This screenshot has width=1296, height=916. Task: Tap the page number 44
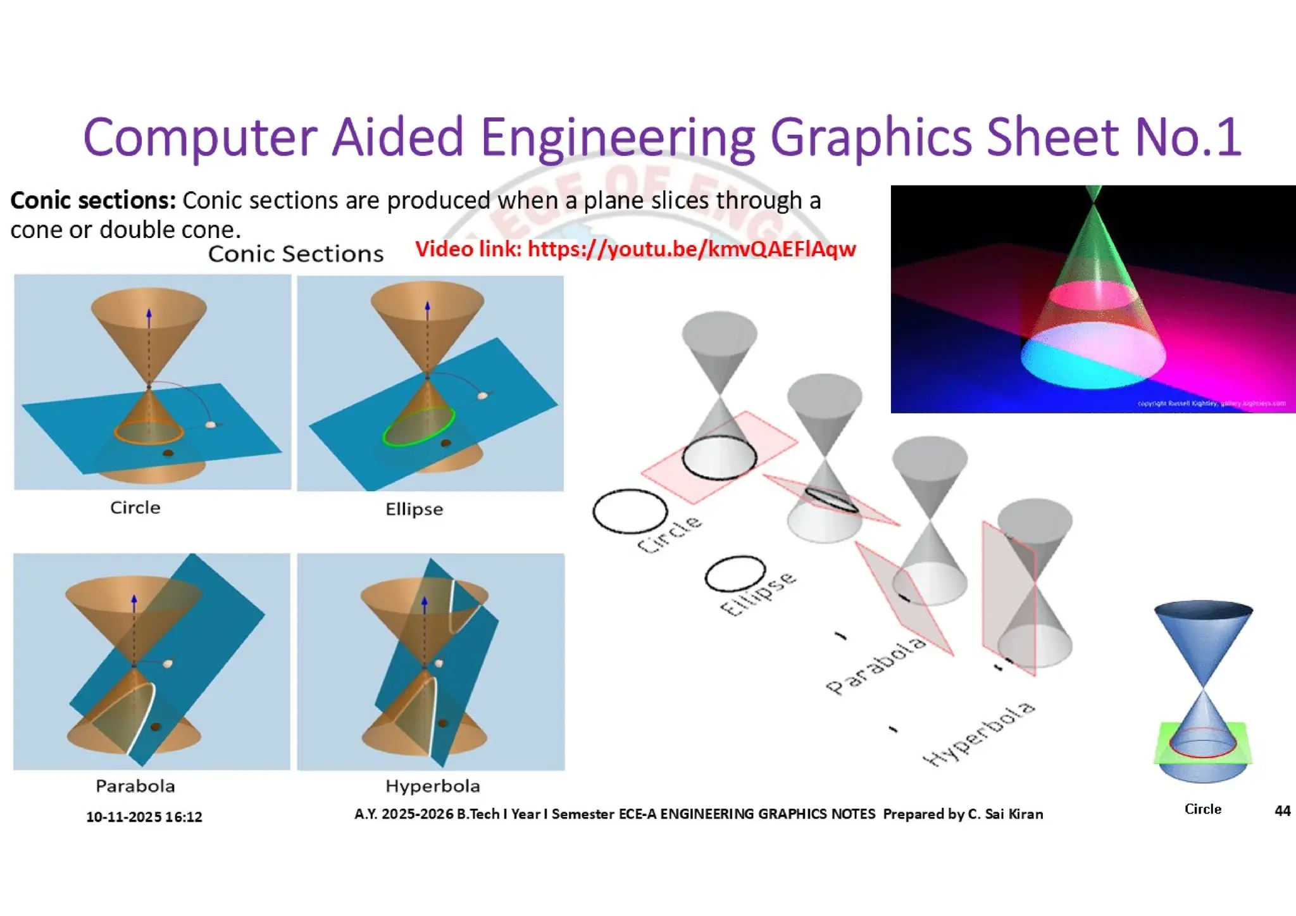point(1282,811)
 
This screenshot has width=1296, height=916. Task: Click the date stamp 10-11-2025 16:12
point(144,817)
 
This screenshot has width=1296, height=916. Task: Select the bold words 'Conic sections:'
point(93,201)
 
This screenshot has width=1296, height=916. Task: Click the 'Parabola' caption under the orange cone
point(135,786)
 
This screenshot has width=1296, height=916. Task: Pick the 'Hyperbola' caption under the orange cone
point(433,786)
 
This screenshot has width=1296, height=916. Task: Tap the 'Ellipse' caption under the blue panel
point(414,509)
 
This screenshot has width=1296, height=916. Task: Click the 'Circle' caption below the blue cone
point(1202,809)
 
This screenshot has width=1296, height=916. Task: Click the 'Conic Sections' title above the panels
point(296,254)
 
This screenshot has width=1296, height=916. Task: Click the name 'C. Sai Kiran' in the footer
point(1005,814)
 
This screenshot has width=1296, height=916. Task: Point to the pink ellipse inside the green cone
point(1092,294)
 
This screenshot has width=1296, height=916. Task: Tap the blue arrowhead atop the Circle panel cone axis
point(149,313)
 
